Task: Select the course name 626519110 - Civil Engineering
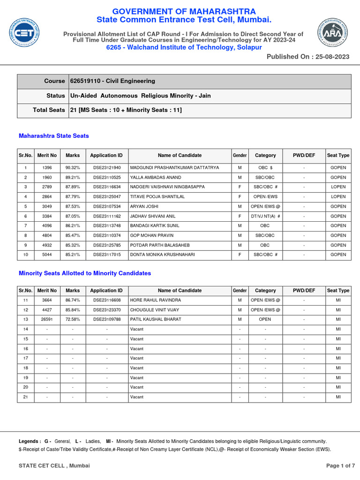(x=112, y=81)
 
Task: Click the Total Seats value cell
(x=126, y=110)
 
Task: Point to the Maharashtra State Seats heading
(x=53, y=136)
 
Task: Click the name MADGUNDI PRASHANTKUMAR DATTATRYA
(x=174, y=167)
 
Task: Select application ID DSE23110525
(x=106, y=177)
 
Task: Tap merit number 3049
(x=47, y=206)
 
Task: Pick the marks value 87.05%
(x=73, y=216)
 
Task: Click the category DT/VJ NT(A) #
(x=265, y=216)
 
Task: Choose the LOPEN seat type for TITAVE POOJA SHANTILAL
(x=338, y=197)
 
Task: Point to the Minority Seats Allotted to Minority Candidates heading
(x=84, y=273)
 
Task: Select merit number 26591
(x=47, y=319)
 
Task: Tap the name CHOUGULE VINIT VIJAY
(x=154, y=310)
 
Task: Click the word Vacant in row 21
(x=137, y=397)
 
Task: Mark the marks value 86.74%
(x=73, y=300)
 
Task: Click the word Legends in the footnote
(x=29, y=441)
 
